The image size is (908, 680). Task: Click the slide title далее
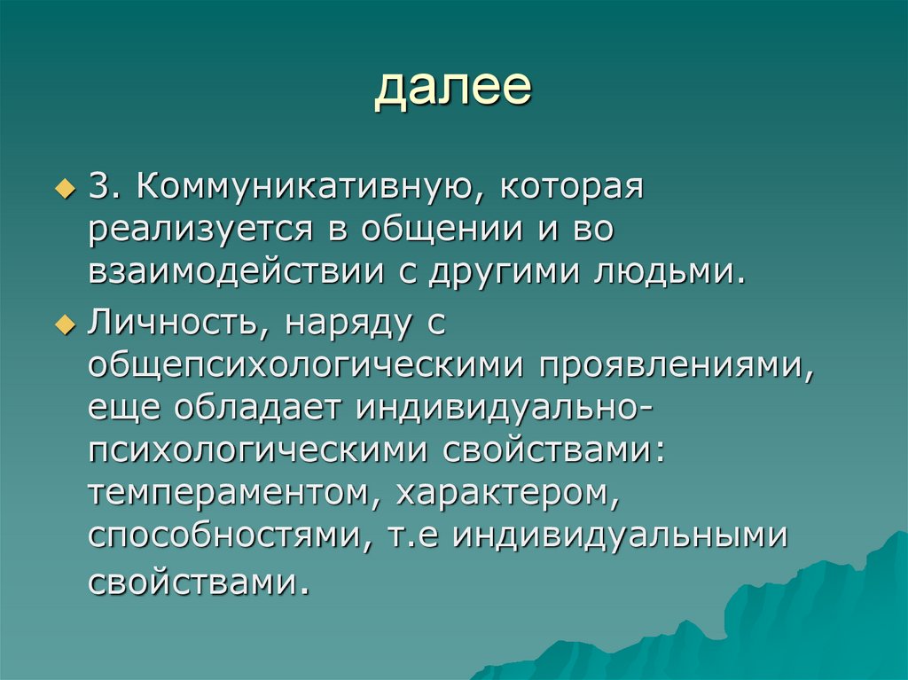[453, 90]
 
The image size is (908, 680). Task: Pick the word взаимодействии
[230, 273]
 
